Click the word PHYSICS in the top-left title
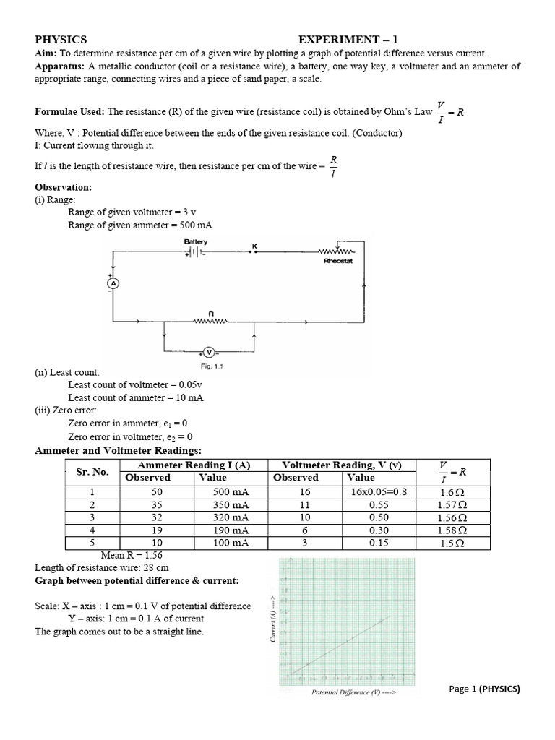point(61,40)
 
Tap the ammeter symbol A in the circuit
point(112,284)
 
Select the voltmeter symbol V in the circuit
point(209,352)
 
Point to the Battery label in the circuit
point(196,241)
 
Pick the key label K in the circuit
point(254,246)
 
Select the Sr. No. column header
point(92,472)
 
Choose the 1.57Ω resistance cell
point(452,504)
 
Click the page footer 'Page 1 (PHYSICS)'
point(484,689)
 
